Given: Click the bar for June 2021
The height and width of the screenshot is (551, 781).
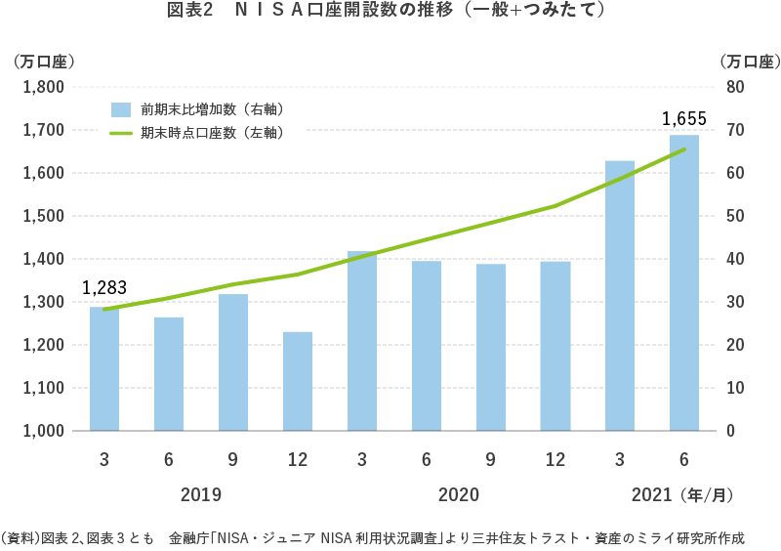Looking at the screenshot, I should [684, 283].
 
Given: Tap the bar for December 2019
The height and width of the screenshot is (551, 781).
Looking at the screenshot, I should [298, 381].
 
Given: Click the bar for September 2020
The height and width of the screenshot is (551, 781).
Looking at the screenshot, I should [491, 347].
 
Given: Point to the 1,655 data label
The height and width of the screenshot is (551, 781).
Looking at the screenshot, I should [683, 119].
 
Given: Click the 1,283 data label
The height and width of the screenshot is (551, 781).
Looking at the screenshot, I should [104, 288].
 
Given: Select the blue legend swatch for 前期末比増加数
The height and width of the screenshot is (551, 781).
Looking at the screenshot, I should [121, 108].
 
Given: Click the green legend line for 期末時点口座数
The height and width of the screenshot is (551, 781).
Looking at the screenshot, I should [121, 133].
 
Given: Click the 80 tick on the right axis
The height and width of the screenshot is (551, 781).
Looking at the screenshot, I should [735, 87].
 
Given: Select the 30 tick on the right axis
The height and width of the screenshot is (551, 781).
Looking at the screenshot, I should [735, 302].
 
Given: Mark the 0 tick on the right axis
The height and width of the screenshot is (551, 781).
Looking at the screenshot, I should [731, 431].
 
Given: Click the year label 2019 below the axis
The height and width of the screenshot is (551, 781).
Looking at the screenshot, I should [201, 494].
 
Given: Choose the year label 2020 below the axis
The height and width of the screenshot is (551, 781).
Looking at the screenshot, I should [459, 494].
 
